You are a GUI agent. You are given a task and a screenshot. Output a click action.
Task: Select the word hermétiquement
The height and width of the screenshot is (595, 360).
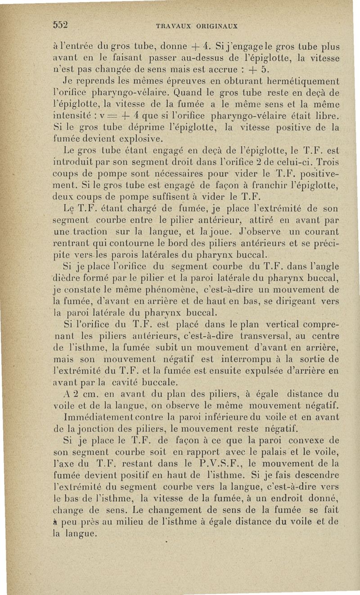pos(304,80)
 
